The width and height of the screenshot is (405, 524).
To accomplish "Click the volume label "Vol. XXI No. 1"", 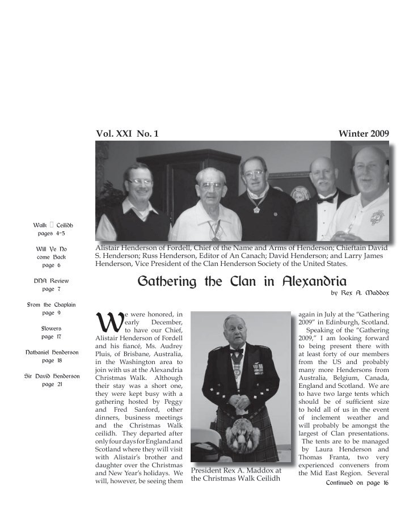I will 128,134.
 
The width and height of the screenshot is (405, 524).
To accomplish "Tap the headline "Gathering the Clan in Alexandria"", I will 242,281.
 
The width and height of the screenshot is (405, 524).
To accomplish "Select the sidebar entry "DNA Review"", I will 47,281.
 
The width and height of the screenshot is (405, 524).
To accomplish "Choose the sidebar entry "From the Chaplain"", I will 47,305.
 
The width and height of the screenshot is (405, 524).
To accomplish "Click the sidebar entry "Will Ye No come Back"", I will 47,256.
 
